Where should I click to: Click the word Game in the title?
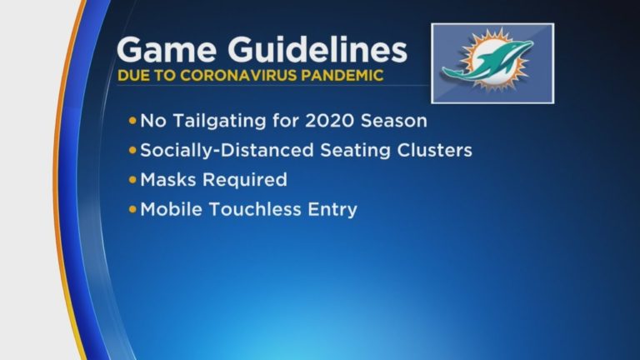(x=167, y=50)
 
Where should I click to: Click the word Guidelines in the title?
(x=317, y=49)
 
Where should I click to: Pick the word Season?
(x=394, y=121)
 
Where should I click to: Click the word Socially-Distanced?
(x=227, y=151)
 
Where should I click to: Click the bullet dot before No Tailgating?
(x=132, y=121)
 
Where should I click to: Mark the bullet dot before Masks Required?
(x=132, y=180)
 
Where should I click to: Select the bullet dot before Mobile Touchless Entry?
(x=132, y=209)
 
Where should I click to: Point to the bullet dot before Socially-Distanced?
(x=132, y=150)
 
